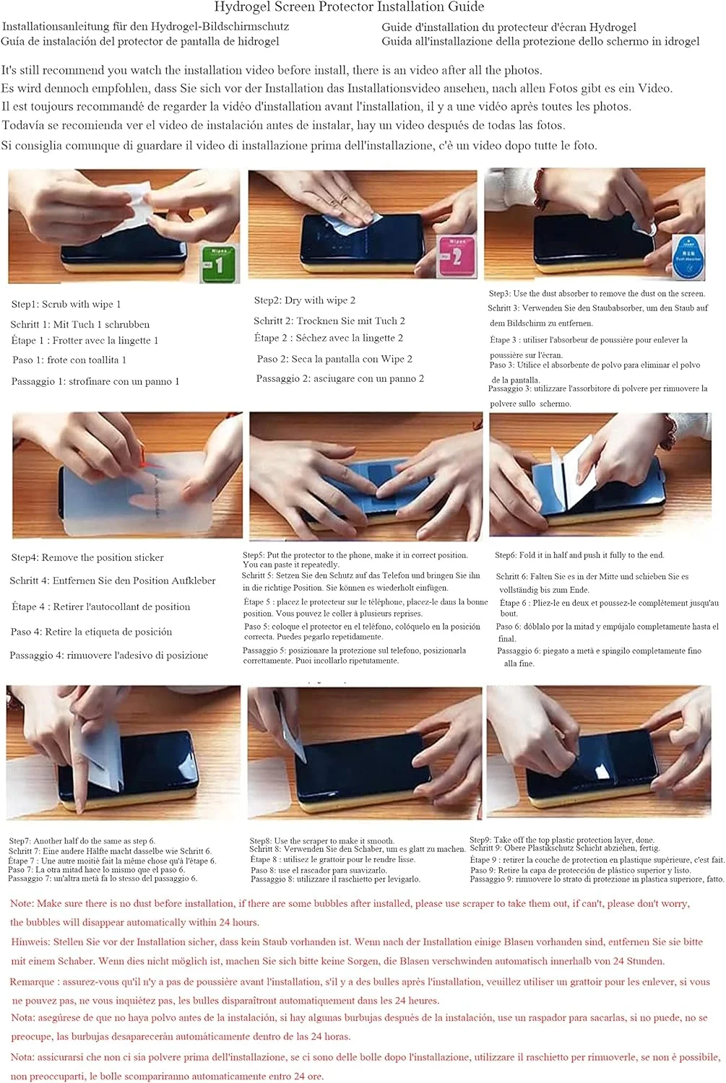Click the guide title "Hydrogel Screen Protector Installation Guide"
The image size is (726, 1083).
pyautogui.click(x=349, y=7)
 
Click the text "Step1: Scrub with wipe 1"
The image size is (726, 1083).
pyautogui.click(x=66, y=304)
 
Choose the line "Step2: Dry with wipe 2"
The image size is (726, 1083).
pyautogui.click(x=304, y=300)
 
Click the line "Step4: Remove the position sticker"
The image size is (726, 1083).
pyautogui.click(x=87, y=557)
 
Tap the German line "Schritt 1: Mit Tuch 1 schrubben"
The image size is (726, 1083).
pyautogui.click(x=79, y=324)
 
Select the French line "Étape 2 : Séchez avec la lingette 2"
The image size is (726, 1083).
pyautogui.click(x=328, y=338)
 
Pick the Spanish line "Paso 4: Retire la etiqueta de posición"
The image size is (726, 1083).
pyautogui.click(x=91, y=632)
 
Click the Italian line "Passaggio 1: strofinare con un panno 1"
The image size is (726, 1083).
pyautogui.click(x=95, y=381)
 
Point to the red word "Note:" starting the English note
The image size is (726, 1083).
pyautogui.click(x=22, y=903)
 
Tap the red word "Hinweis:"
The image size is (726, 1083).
pyautogui.click(x=31, y=941)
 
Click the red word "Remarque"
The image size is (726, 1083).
pyautogui.click(x=33, y=982)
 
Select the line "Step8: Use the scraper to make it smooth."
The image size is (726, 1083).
pyautogui.click(x=321, y=841)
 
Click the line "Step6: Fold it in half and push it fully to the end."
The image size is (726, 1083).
pyautogui.click(x=579, y=555)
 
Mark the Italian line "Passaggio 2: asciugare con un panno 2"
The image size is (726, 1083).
pyautogui.click(x=340, y=378)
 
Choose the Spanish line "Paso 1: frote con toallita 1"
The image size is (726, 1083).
pyautogui.click(x=69, y=360)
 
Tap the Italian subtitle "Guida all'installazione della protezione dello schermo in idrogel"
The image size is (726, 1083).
pyautogui.click(x=540, y=42)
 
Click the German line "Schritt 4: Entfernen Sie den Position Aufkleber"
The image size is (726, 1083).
pyautogui.click(x=112, y=580)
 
